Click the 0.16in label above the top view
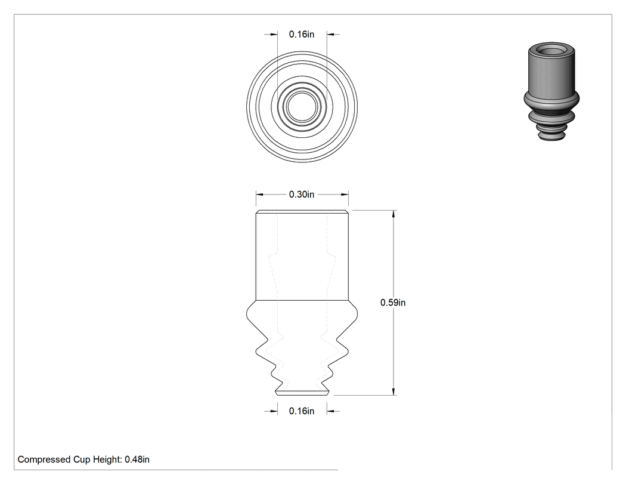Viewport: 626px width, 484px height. coord(302,35)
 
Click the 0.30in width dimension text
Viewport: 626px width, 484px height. coord(302,195)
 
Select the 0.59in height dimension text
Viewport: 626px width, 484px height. coord(393,303)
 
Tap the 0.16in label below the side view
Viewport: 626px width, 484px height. coord(302,411)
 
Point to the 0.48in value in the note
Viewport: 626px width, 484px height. coord(137,460)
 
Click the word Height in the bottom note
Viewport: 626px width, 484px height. coord(107,460)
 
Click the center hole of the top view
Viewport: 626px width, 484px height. coord(302,107)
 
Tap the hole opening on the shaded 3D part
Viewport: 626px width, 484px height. coord(551,51)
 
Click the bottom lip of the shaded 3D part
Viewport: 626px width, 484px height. coord(551,136)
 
